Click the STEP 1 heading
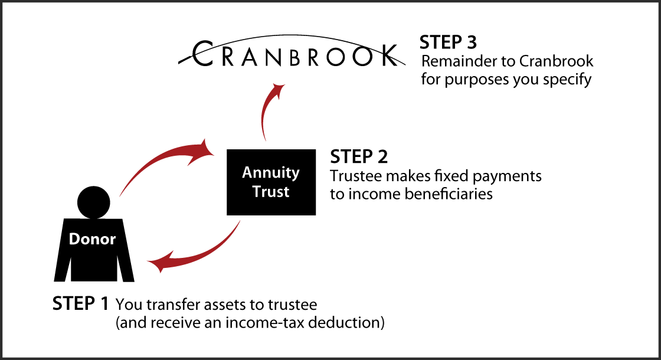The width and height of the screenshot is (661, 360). click(80, 304)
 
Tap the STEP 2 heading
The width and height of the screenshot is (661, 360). click(359, 157)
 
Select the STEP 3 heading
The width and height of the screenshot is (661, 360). click(448, 42)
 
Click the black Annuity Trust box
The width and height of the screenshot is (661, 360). click(271, 182)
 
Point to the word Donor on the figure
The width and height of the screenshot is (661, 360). click(93, 239)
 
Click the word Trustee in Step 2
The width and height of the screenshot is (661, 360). click(354, 176)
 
